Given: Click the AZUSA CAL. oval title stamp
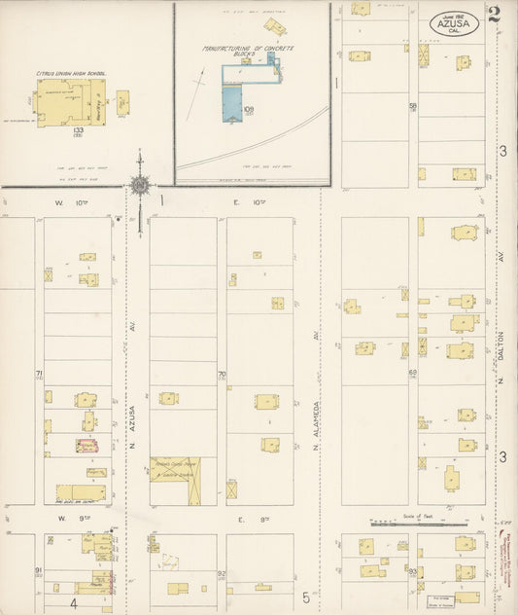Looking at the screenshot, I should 454,22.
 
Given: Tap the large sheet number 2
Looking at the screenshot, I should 495,14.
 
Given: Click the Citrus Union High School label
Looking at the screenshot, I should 71,73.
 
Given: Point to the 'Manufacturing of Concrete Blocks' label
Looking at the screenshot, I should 249,51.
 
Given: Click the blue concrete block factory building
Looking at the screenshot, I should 230,103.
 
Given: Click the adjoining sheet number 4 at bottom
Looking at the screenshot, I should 73,603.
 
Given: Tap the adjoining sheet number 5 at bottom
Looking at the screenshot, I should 305,597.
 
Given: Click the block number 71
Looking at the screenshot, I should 39,374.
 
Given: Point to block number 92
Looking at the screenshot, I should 222,574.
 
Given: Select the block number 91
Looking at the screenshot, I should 38,569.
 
